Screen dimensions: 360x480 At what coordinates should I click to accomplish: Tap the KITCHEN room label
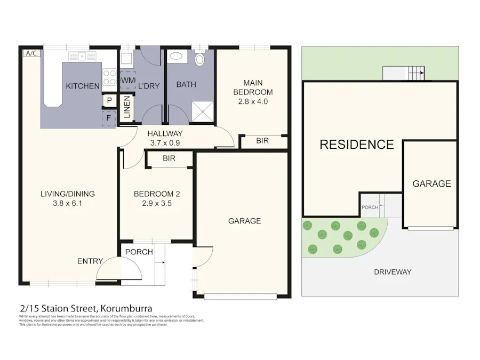(x=82, y=86)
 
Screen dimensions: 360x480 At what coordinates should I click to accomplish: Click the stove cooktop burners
(x=110, y=77)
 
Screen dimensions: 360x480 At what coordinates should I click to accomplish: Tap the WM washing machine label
(x=127, y=80)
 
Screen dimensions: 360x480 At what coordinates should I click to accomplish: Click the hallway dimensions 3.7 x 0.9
(x=165, y=142)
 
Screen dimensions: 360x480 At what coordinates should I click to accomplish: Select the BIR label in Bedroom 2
(x=169, y=158)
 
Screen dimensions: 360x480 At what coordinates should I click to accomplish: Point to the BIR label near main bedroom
(x=262, y=141)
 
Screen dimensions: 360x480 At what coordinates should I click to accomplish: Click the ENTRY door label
(x=90, y=261)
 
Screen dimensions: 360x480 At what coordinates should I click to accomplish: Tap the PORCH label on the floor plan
(x=139, y=252)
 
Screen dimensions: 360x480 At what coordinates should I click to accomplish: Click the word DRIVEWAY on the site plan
(x=392, y=272)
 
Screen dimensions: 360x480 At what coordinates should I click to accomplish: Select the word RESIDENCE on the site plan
(x=356, y=144)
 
